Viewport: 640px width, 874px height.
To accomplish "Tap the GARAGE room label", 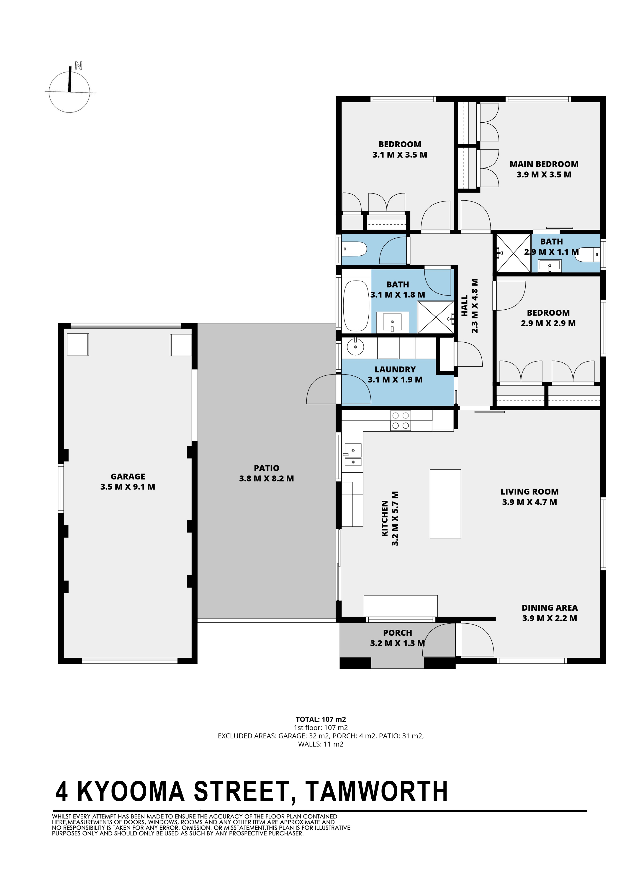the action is click(128, 476).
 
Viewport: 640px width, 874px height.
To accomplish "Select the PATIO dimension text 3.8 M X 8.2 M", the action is click(267, 478).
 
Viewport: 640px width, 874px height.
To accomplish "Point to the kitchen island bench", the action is click(445, 504).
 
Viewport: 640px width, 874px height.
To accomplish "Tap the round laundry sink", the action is click(355, 347).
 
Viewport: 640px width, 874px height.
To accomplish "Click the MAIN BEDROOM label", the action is click(544, 164).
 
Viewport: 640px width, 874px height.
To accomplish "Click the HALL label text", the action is click(465, 305).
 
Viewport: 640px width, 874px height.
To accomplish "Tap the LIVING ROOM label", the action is click(529, 492).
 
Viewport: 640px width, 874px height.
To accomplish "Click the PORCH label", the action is click(398, 633).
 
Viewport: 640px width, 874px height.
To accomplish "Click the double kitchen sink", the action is click(352, 455).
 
